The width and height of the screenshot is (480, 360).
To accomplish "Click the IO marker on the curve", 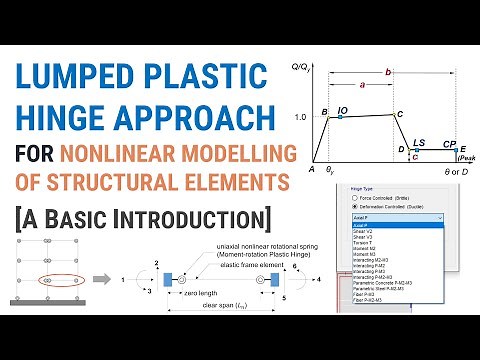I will pyautogui.click(x=341, y=116).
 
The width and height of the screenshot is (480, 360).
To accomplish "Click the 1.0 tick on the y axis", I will pyautogui.click(x=302, y=117).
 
